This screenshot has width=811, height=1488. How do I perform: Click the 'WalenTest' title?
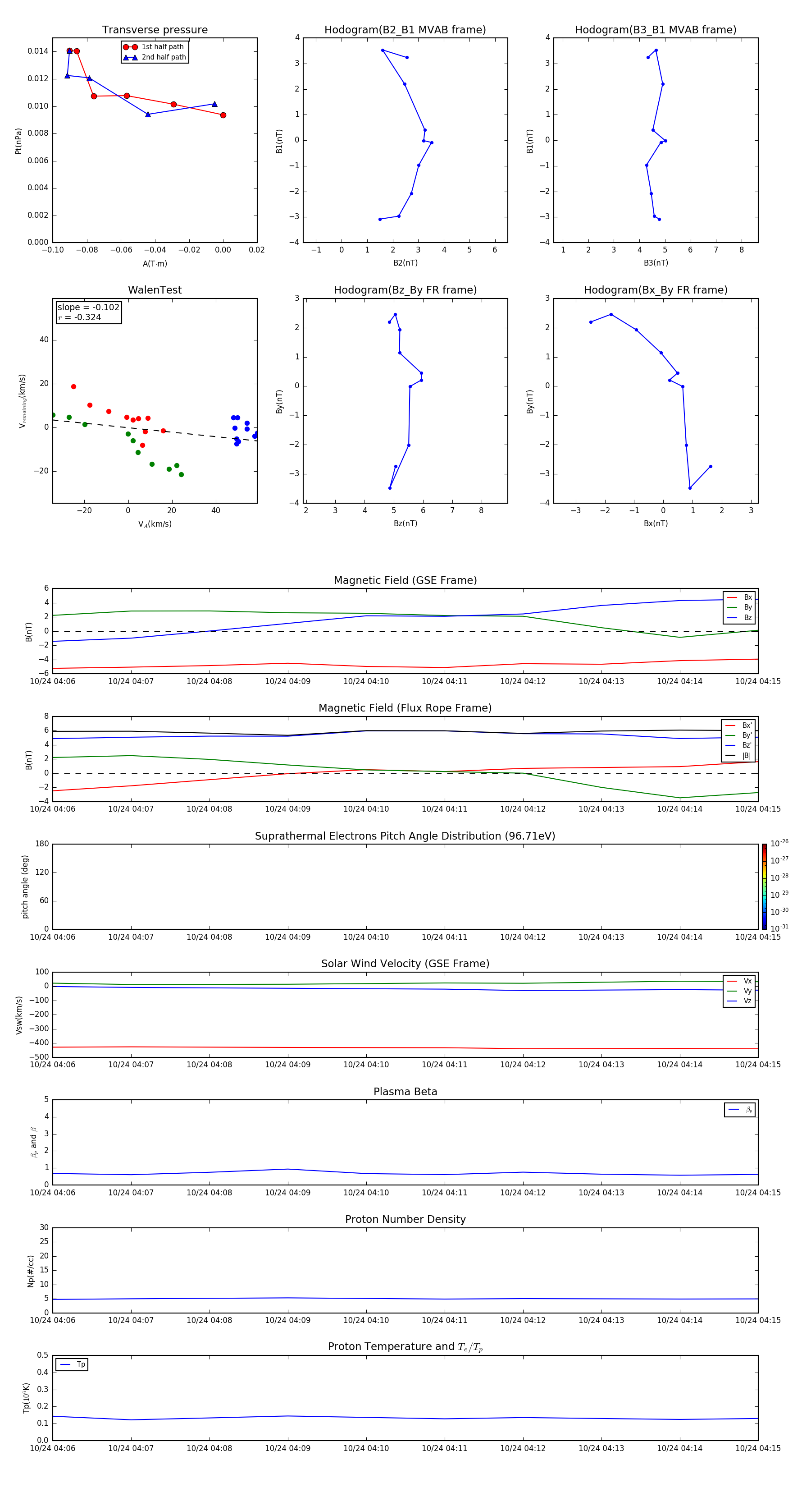155,290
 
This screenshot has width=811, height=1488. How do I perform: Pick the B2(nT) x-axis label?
405,263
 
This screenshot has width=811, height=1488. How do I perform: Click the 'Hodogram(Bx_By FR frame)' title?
655,290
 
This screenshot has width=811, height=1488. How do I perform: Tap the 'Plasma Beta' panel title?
405,1092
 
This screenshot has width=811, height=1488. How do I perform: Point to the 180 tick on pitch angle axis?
42,844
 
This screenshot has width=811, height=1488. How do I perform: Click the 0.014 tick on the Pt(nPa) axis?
38,51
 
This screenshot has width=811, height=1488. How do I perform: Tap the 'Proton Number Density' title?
405,1219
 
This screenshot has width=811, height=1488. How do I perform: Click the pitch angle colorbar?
764,886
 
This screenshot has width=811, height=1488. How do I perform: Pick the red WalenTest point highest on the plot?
73,386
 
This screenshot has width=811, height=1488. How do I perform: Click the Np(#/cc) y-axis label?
31,1271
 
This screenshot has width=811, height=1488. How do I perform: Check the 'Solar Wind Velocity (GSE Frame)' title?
405,964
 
